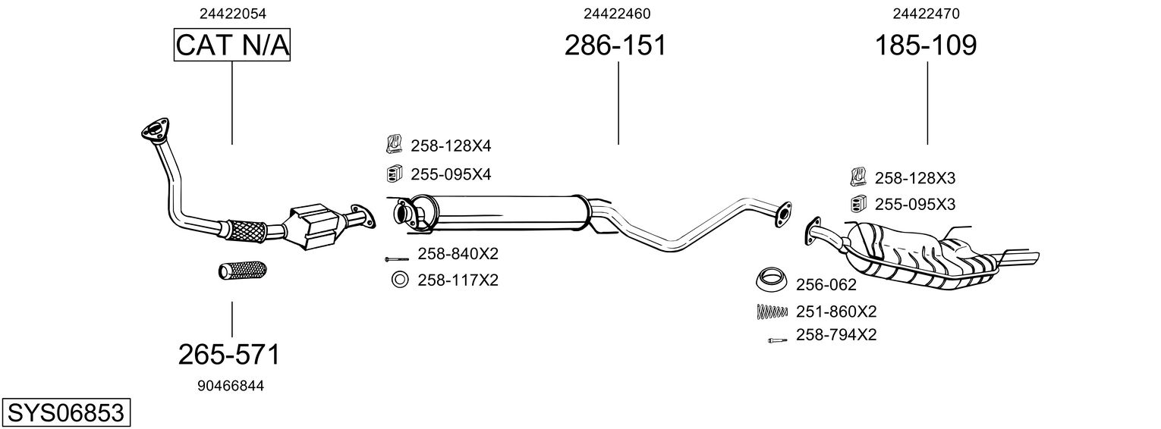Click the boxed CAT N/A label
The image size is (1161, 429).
232,46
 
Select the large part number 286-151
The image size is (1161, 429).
615,45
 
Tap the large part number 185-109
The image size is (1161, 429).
926,45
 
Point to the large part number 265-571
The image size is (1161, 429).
229,354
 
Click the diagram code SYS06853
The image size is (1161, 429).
65,413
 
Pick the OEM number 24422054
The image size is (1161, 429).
233,14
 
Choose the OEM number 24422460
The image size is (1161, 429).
617,14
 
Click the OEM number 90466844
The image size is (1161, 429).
231,386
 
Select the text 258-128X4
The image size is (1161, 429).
451,146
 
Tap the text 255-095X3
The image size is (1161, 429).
914,205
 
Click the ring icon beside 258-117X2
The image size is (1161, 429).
399,280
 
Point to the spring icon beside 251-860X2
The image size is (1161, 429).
772,311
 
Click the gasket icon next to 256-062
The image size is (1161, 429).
772,280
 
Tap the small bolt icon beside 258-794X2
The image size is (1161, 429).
776,340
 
